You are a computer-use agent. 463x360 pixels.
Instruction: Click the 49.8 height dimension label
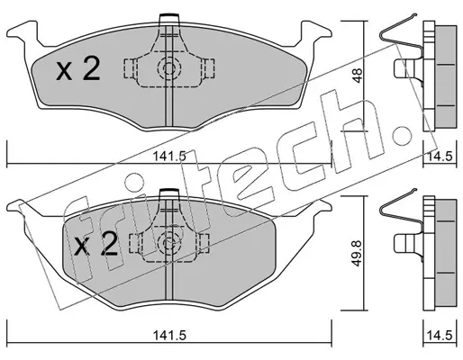358,253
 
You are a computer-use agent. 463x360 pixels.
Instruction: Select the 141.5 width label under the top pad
169,157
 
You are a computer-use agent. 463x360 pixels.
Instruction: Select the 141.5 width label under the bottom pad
169,336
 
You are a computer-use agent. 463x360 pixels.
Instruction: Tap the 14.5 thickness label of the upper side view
440,157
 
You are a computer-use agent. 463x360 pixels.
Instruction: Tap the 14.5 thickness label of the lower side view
440,336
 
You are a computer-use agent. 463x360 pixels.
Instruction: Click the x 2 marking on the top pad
78,69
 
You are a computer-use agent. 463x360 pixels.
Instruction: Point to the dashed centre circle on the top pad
169,68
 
